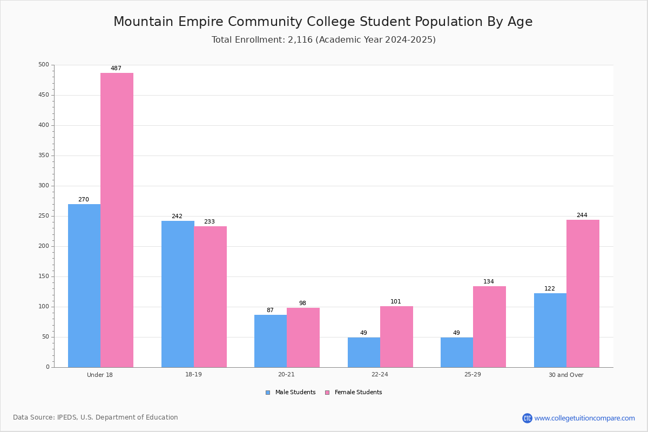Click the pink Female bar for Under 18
pos(117,220)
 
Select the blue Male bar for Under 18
pos(84,286)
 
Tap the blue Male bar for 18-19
pos(178,294)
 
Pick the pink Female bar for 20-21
pos(303,337)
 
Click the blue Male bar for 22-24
pos(364,353)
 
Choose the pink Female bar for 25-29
pos(489,327)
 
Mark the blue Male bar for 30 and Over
pos(550,330)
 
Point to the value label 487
pos(116,68)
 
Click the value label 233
pos(210,221)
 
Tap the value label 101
pos(396,301)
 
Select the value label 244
pos(582,215)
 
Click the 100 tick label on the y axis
pos(44,307)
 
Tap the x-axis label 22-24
pos(380,374)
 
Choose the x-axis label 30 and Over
pos(566,375)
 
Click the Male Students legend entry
pos(291,393)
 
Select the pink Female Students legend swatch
pos(327,393)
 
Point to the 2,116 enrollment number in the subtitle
pos(300,39)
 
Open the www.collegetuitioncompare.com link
pos(584,418)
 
